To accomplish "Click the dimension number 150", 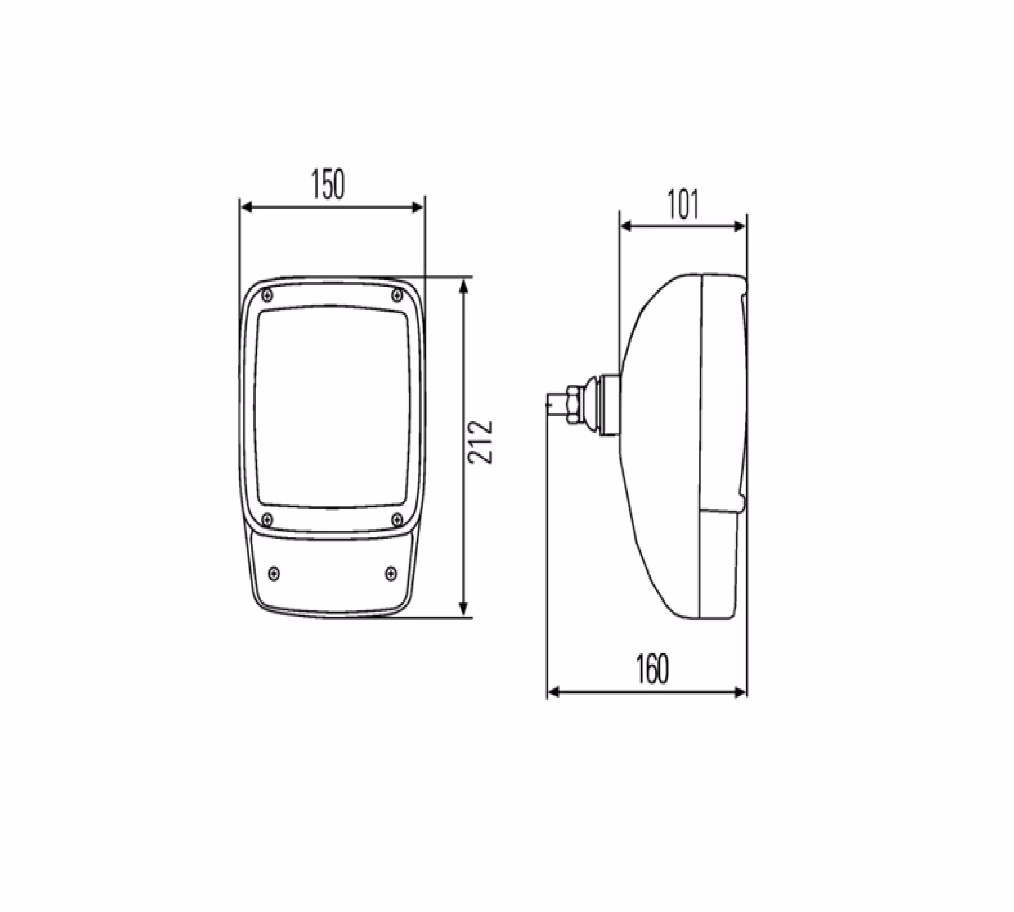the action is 328,185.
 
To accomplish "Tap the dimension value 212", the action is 480,442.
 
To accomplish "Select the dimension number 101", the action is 683,205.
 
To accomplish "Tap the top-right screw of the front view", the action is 397,295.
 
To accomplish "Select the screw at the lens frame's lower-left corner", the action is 268,519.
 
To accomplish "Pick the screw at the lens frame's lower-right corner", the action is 397,519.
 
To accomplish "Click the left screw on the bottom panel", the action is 274,573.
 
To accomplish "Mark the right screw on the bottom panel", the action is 391,573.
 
